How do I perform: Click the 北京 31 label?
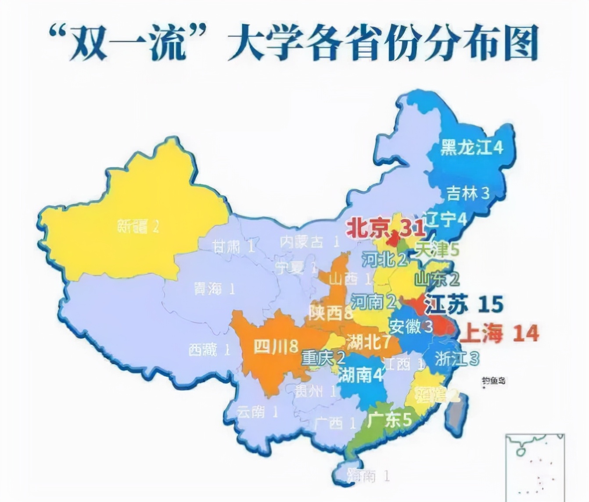[x=385, y=228]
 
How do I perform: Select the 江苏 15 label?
[x=463, y=304]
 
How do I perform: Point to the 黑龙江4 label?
[x=471, y=148]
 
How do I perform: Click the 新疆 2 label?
[x=138, y=226]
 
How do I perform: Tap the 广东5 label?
[x=389, y=420]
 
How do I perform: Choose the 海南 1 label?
[x=368, y=475]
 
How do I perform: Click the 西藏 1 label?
[x=209, y=350]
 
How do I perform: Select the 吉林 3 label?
[x=467, y=193]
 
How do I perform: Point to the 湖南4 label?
[x=361, y=375]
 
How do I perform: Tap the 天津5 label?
[x=437, y=250]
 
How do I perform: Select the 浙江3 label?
[x=456, y=359]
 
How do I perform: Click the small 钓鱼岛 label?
[x=493, y=380]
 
